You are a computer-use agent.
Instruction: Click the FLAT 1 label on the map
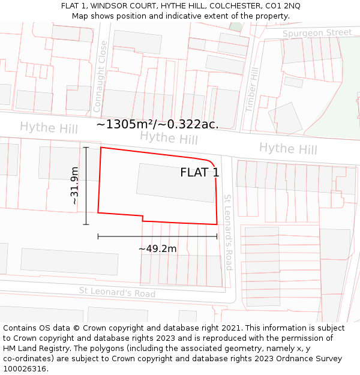[x=200, y=173]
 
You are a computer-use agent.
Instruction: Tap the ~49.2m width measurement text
[x=157, y=248]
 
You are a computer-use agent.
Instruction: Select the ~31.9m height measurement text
[x=74, y=186]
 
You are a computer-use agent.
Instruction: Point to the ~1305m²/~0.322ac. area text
[x=157, y=125]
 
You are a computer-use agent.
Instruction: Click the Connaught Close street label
[x=101, y=76]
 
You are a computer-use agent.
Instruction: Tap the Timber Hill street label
[x=251, y=89]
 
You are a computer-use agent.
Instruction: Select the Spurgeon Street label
[x=317, y=32]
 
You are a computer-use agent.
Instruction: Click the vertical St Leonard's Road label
[x=228, y=232]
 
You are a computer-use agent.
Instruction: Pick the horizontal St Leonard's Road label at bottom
[x=117, y=292]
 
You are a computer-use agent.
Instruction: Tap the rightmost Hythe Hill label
[x=288, y=148]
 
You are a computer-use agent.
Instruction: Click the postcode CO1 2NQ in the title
[x=281, y=6]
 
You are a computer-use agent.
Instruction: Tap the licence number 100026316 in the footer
[x=25, y=368]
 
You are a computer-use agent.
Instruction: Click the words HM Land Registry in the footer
[x=35, y=348]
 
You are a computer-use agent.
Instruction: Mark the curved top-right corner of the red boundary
[x=211, y=163]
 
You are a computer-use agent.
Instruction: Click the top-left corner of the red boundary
[x=100, y=147]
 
